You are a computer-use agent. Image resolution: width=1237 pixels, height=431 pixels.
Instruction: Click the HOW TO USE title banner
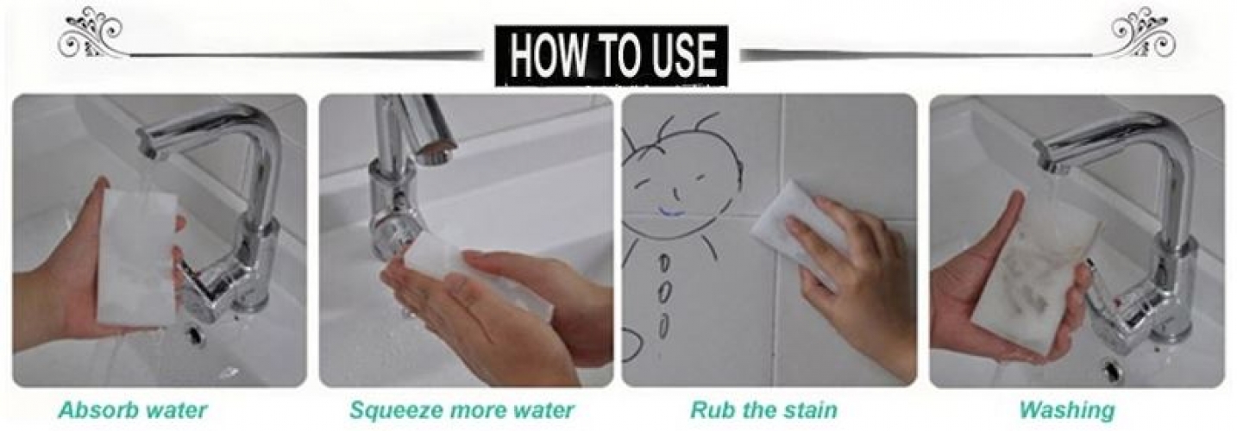click(x=612, y=56)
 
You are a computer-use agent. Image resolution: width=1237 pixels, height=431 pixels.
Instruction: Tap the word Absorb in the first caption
click(x=91, y=410)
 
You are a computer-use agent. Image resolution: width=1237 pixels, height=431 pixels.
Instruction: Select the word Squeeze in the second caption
click(x=395, y=411)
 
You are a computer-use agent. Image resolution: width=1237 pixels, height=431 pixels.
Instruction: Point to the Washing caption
click(x=1067, y=411)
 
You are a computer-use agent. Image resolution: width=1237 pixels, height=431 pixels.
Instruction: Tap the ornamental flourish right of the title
click(x=1141, y=33)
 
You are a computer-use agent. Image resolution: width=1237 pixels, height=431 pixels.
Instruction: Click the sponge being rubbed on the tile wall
click(x=795, y=221)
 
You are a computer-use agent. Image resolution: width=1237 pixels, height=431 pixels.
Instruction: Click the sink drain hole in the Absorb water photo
click(x=194, y=334)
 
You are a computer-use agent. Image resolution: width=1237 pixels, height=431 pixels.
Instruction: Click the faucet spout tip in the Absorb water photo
click(x=148, y=150)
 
